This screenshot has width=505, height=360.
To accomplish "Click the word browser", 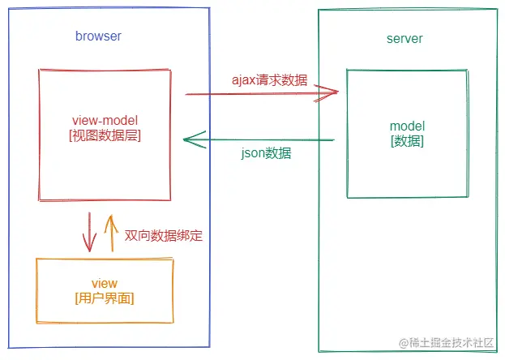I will point(98,36).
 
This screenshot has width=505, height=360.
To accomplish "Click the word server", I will point(404,39).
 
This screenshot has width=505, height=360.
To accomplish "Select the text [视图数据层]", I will point(105,136).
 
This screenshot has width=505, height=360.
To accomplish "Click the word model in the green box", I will point(407,126).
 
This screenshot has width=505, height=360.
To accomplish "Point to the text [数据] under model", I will point(407,141).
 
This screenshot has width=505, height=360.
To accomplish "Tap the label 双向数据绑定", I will point(163,236).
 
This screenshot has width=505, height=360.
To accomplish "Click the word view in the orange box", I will point(105,283).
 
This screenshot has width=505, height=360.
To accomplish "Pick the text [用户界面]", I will point(105,298).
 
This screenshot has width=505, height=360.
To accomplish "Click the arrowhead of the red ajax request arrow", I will point(332,94).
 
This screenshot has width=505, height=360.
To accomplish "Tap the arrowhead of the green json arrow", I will point(189,139).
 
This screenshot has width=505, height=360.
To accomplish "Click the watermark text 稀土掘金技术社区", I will point(448,344).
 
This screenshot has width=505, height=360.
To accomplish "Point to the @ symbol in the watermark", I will point(394,344).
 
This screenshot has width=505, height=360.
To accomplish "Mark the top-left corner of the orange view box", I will point(36,259).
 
